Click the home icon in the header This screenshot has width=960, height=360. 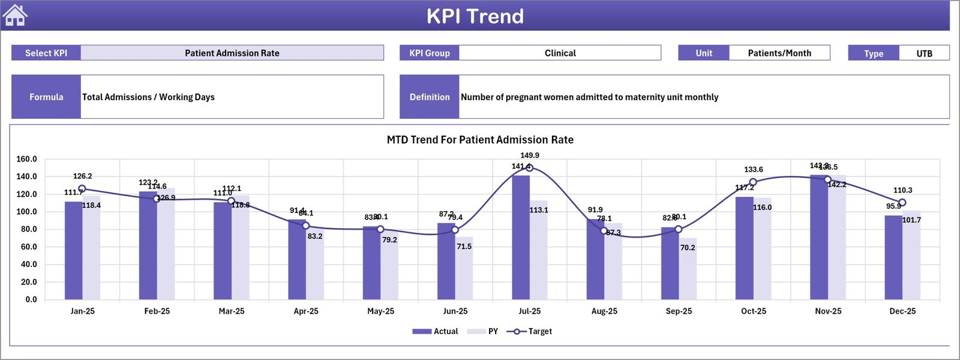[x=15, y=16]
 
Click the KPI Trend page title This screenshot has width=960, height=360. [x=475, y=16]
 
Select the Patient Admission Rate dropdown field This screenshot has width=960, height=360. [x=232, y=53]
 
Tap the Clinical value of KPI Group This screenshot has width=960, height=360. [x=560, y=53]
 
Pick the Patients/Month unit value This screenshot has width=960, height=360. [x=779, y=53]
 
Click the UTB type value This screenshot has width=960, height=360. [x=924, y=53]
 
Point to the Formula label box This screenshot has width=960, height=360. [x=46, y=97]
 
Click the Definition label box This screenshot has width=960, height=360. [x=429, y=97]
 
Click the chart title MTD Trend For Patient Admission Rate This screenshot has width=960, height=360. [x=480, y=140]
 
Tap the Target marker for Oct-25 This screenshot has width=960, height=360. [x=753, y=182]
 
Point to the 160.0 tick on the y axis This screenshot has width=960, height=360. [x=26, y=159]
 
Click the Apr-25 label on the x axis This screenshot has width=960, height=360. [x=306, y=311]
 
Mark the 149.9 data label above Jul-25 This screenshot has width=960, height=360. [x=529, y=155]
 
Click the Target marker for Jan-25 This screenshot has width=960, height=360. [x=82, y=189]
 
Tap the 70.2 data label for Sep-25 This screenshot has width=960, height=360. [x=688, y=247]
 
